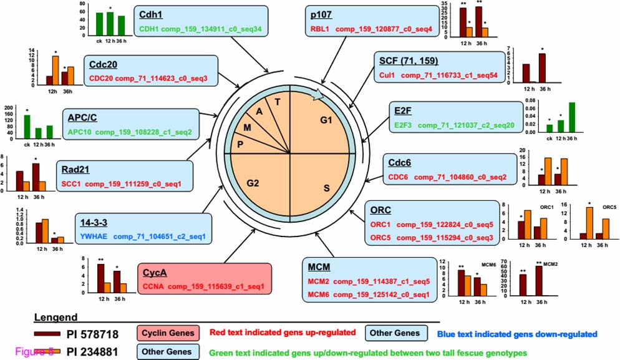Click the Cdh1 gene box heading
(151, 15)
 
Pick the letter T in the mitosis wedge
(276, 102)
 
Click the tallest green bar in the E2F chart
(572, 117)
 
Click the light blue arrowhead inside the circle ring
(318, 94)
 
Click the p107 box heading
(322, 15)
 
